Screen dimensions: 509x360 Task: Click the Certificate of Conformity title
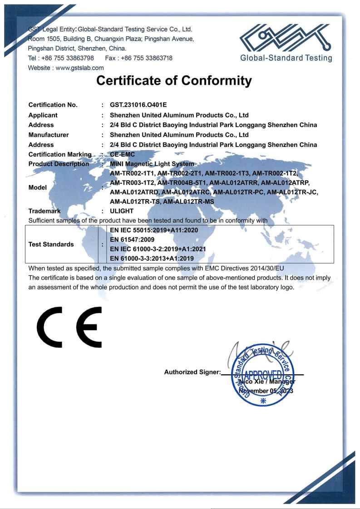point(180,81)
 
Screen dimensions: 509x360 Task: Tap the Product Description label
point(59,163)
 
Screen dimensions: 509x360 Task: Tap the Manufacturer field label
point(49,134)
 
